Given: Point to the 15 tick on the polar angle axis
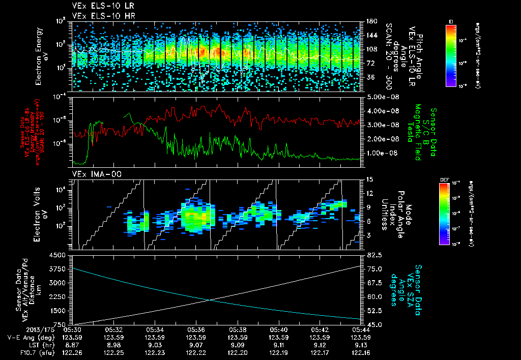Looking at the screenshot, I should click(367, 179).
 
